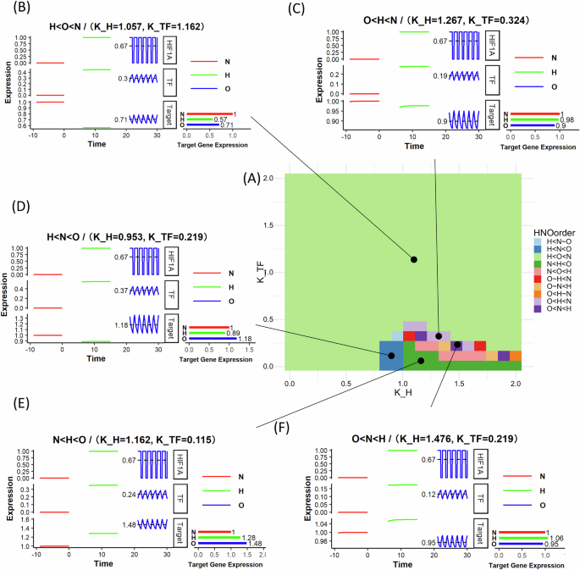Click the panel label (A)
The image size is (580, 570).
[x=251, y=179]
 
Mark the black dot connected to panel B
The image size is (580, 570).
[x=414, y=235]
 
